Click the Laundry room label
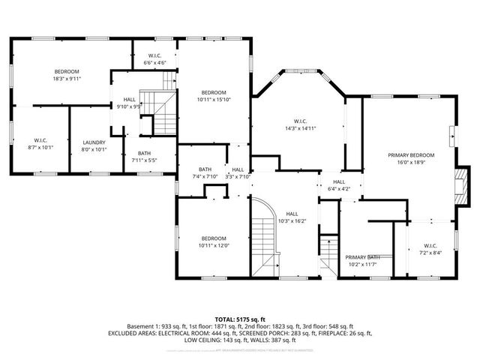pos(94,142)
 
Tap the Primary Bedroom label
pos(406,155)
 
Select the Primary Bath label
pos(362,257)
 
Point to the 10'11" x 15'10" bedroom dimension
pos(214,99)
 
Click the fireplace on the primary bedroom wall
pos(463,184)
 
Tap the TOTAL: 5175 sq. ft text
pos(239,319)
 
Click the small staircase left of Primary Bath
pos(327,253)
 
